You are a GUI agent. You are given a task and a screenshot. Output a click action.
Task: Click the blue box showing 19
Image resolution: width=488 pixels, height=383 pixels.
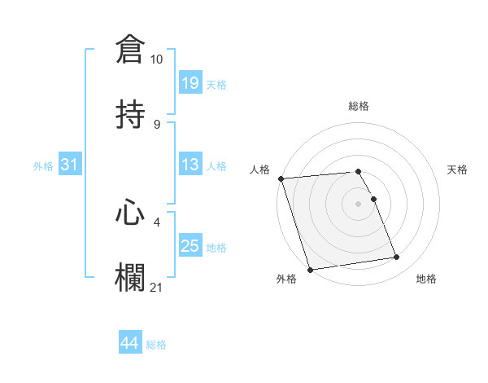190,82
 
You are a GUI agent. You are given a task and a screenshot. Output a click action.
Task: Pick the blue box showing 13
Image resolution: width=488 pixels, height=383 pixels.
190,165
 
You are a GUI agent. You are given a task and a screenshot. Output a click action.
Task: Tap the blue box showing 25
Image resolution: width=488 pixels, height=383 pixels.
190,246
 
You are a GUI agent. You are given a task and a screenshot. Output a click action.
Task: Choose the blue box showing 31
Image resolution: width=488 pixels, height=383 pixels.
70,165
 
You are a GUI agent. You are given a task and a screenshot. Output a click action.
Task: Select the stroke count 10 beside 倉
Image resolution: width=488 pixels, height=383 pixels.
157,59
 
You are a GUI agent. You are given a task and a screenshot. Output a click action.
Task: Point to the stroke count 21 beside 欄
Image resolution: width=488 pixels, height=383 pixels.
157,287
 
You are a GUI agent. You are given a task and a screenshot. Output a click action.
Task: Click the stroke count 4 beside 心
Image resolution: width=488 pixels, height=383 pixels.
157,220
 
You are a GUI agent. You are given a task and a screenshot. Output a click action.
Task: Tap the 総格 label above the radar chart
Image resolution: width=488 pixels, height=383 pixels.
359,106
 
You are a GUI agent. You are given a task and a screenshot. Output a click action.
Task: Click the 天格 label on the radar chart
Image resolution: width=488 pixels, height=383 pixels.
458,169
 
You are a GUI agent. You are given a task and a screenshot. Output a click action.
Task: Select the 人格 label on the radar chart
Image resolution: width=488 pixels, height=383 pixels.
259,169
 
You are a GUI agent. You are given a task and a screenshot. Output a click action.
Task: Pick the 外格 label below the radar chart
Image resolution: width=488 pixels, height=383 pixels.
286,279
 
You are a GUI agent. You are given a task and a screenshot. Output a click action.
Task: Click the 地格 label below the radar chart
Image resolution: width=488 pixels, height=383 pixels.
426,279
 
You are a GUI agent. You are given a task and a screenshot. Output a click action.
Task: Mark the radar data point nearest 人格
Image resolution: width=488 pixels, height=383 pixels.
281,178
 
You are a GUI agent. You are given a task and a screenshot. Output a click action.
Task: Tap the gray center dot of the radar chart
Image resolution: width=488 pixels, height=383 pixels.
359,203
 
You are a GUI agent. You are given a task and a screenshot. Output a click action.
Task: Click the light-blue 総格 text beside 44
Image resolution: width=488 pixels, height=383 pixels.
156,345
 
